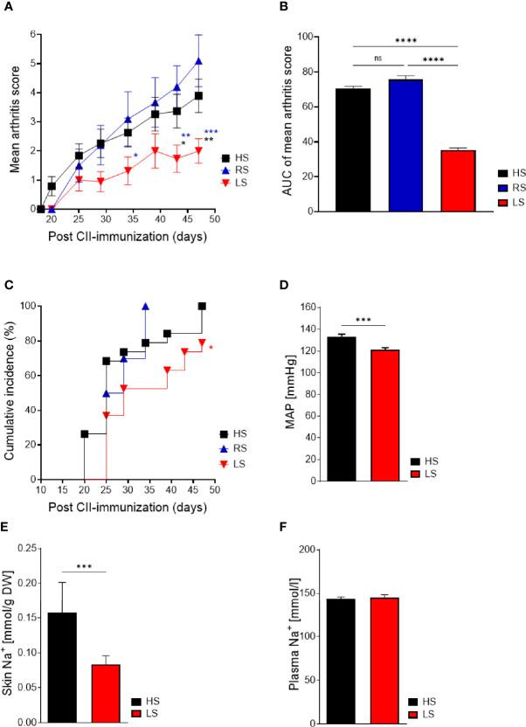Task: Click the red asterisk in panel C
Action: (x=211, y=348)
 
